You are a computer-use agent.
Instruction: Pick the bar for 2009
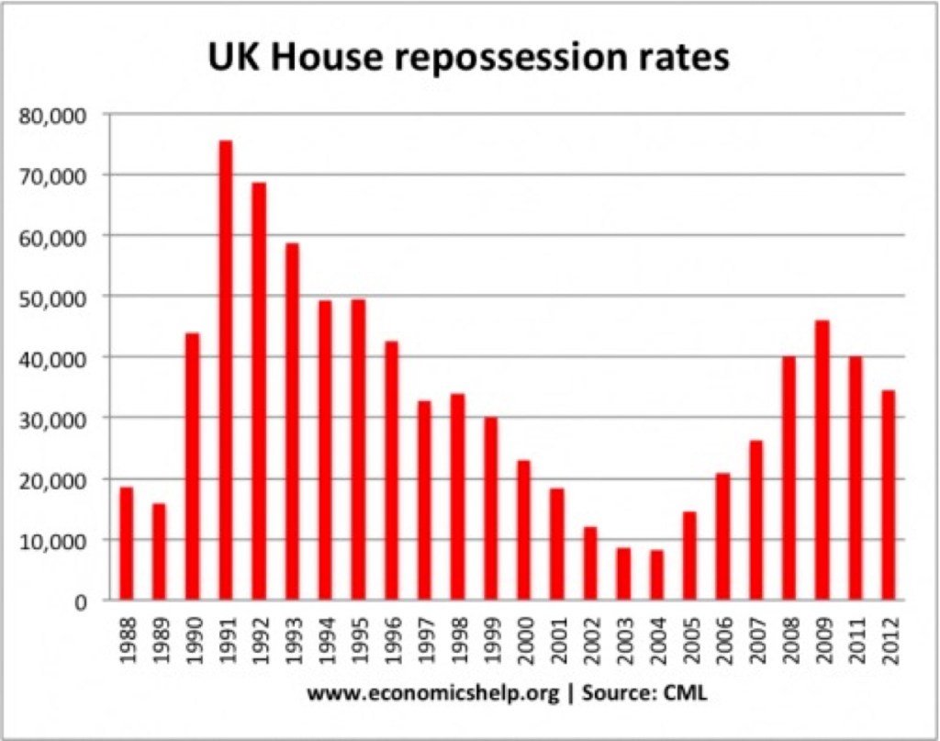tap(822, 460)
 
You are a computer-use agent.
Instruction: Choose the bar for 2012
tap(889, 495)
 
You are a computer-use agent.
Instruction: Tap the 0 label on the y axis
tap(82, 601)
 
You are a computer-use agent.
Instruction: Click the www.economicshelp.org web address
tap(433, 695)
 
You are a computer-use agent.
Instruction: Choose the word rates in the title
tap(685, 59)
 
